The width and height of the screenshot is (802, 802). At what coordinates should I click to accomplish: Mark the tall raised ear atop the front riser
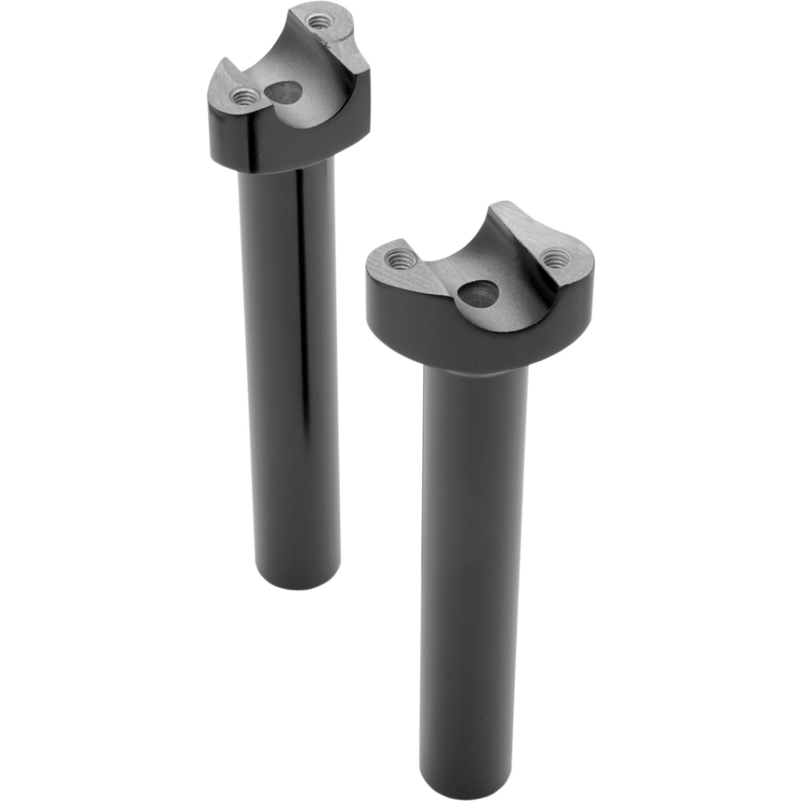tap(509, 220)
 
